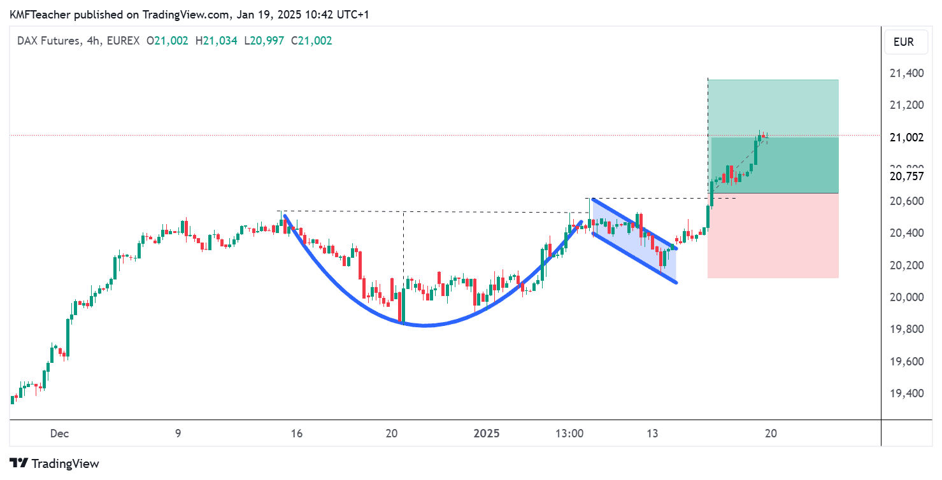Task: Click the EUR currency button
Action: pyautogui.click(x=903, y=42)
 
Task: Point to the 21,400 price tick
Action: pyautogui.click(x=906, y=73)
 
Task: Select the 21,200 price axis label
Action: pyautogui.click(x=906, y=105)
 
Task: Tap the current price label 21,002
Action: pyautogui.click(x=906, y=138)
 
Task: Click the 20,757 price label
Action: pyautogui.click(x=906, y=176)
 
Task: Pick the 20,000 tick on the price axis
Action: pyautogui.click(x=906, y=297)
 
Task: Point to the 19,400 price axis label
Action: pyautogui.click(x=906, y=393)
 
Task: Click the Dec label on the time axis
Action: pyautogui.click(x=59, y=434)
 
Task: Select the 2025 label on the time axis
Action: pyautogui.click(x=487, y=434)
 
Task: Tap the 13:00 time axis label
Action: pyautogui.click(x=569, y=434)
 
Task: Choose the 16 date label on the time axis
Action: pyautogui.click(x=296, y=434)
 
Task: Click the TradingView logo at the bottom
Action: pyautogui.click(x=55, y=463)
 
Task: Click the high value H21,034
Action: pyautogui.click(x=217, y=41)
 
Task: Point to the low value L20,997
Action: pyautogui.click(x=263, y=41)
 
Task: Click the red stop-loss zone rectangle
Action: pyautogui.click(x=773, y=236)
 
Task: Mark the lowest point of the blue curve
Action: pyautogui.click(x=424, y=326)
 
